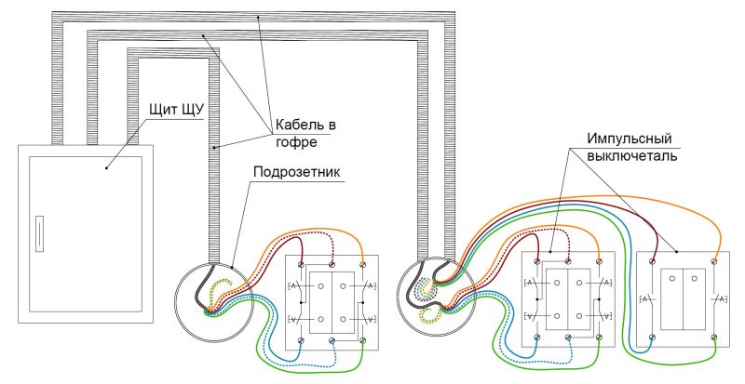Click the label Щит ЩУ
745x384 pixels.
coord(176,110)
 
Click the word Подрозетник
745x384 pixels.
coord(297,171)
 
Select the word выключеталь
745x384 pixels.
coord(632,155)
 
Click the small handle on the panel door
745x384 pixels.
coord(39,233)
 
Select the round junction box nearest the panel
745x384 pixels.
coord(214,302)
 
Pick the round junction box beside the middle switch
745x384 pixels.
coord(437,298)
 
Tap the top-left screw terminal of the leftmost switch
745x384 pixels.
coord(301,263)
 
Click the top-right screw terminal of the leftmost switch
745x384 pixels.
coord(362,263)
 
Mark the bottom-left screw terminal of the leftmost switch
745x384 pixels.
coord(301,340)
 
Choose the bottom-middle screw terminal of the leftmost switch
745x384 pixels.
coord(332,340)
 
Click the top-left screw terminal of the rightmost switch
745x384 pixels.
coord(653,260)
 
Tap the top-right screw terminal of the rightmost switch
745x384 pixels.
coord(714,260)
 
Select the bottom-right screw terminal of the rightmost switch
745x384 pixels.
coord(714,337)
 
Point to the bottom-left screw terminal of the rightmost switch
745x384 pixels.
coord(653,337)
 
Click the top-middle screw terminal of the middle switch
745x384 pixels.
coord(568,260)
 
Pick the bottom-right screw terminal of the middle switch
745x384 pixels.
coord(599,337)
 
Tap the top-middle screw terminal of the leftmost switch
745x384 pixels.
coord(332,263)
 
